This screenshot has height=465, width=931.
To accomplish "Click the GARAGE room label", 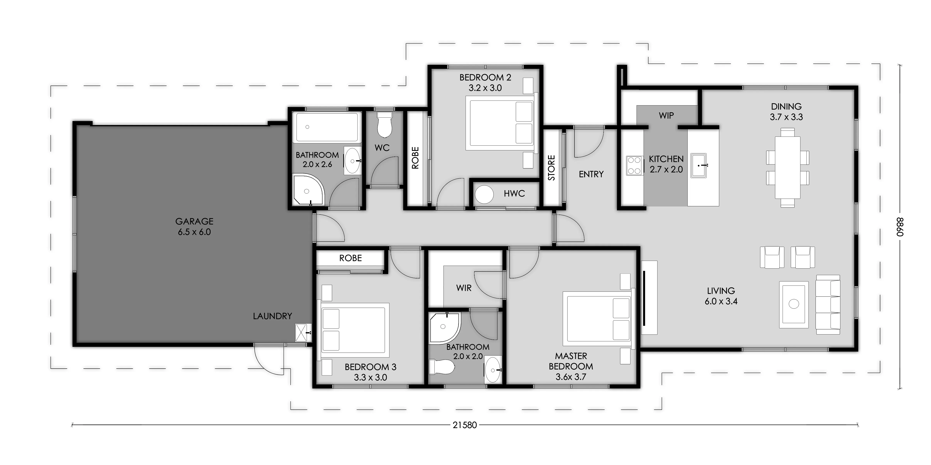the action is tap(194, 221).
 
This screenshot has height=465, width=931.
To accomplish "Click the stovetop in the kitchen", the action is tap(634, 165).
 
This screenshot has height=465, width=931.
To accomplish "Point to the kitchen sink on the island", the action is tap(699, 165).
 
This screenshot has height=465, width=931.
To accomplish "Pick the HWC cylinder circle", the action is tap(484, 195).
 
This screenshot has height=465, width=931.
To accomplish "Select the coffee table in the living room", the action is tap(794, 305).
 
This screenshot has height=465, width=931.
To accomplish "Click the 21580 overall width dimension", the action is tap(465, 425).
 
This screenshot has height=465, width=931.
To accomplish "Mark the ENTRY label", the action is tap(591, 174).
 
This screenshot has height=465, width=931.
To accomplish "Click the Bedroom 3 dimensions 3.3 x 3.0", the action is tap(370, 377).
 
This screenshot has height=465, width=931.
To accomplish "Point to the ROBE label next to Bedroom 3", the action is tap(351, 258).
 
